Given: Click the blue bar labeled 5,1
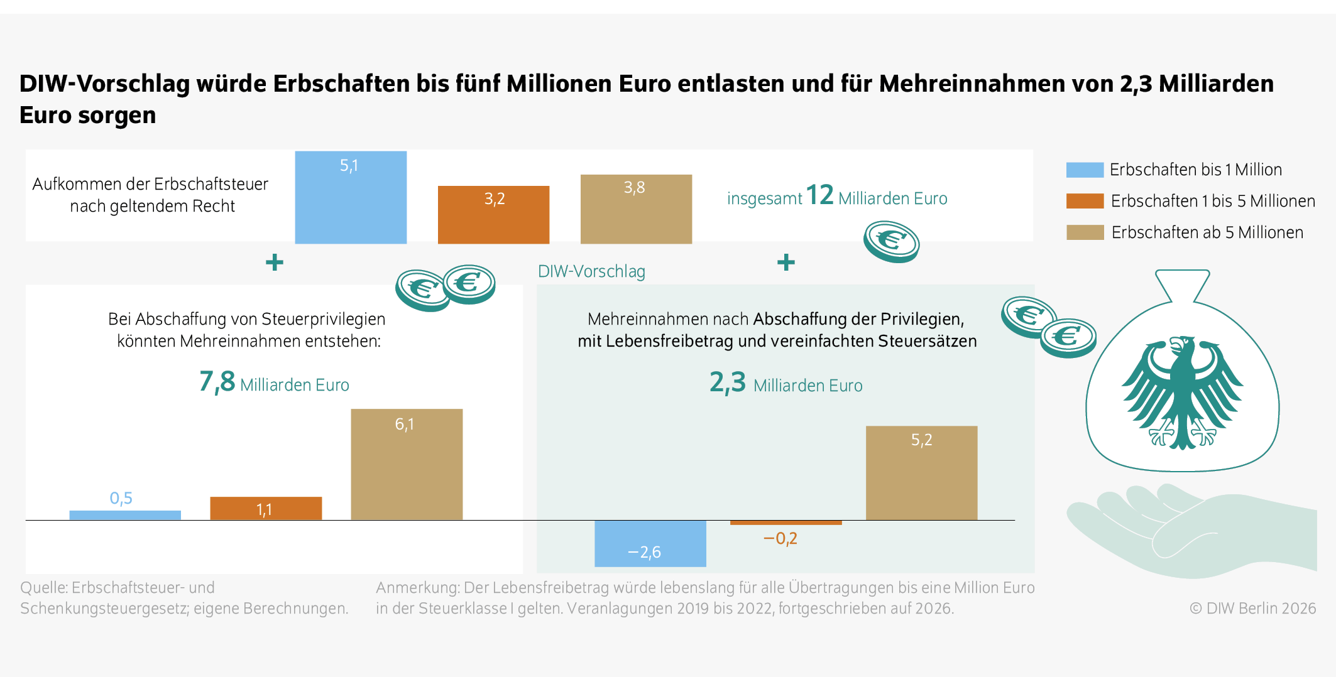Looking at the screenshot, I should pyautogui.click(x=351, y=198).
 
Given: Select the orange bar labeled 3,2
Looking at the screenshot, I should pyautogui.click(x=493, y=215).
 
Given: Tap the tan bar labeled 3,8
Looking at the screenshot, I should pyautogui.click(x=636, y=210).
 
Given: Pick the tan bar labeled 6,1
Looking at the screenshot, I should pyautogui.click(x=407, y=465).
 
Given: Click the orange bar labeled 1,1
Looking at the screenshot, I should pyautogui.click(x=266, y=508).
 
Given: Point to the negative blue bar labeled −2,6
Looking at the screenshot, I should pyautogui.click(x=650, y=543).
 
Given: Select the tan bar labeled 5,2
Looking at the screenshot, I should pyautogui.click(x=921, y=473).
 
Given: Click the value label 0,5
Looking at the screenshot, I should pyautogui.click(x=121, y=499).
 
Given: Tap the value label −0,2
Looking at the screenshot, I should pyautogui.click(x=780, y=539).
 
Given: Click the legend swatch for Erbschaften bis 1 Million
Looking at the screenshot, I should pyautogui.click(x=1085, y=170).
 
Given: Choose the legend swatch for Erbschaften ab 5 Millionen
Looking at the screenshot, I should pyautogui.click(x=1085, y=233).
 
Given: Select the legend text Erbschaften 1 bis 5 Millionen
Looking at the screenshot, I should pyautogui.click(x=1213, y=202).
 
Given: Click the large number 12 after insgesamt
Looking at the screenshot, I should pyautogui.click(x=819, y=195).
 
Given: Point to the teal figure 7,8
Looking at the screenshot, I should pyautogui.click(x=217, y=382).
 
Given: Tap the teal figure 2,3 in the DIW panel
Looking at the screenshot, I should pyautogui.click(x=727, y=382).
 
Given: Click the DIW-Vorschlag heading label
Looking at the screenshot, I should pyautogui.click(x=591, y=272).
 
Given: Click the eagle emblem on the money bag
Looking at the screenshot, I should pyautogui.click(x=1182, y=392).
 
